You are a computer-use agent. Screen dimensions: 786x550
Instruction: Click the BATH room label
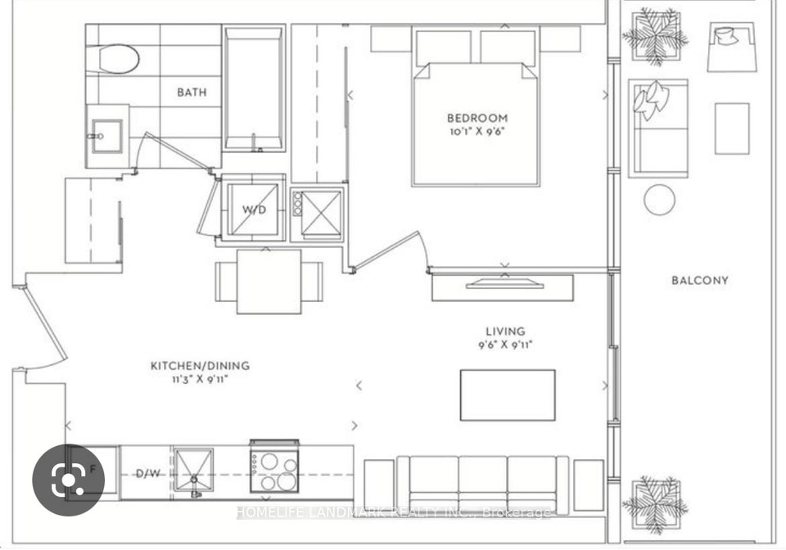[192, 92]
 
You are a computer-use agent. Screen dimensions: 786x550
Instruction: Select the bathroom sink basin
[106, 136]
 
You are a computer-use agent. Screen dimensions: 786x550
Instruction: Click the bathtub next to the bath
[254, 88]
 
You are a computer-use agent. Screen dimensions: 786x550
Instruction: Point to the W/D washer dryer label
[254, 210]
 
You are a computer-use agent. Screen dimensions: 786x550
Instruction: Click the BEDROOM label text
[477, 118]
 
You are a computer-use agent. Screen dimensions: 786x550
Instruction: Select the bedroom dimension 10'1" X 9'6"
[477, 132]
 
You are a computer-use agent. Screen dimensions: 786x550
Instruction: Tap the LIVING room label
[505, 331]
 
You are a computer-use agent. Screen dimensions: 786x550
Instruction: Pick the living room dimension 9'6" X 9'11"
[505, 345]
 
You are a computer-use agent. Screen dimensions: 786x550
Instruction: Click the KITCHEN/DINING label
[200, 366]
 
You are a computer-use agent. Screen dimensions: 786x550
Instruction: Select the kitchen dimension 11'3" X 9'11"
[200, 379]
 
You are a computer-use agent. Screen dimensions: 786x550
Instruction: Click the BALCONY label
[700, 281]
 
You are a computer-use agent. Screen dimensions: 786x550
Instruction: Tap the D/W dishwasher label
[148, 473]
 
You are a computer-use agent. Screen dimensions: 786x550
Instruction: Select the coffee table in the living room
[508, 395]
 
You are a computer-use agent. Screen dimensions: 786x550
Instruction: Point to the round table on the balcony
[659, 200]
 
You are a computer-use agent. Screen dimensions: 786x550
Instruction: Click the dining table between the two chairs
[269, 282]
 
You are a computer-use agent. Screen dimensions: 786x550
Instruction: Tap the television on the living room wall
[505, 283]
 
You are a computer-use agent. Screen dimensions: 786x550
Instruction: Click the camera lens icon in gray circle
[68, 480]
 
